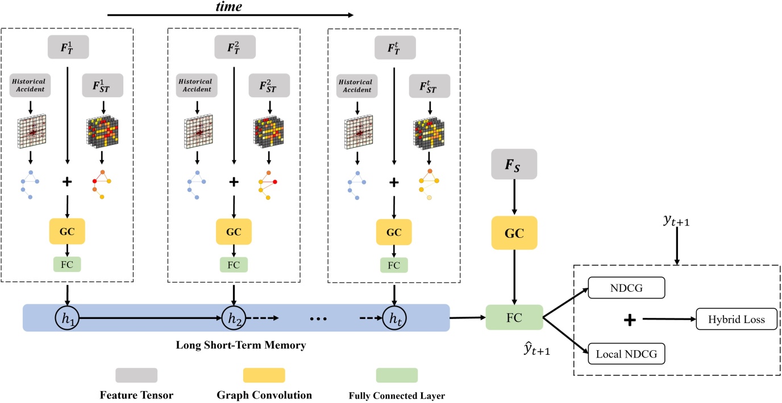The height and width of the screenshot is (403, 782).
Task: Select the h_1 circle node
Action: (68, 317)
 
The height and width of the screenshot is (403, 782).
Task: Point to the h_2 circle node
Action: (234, 317)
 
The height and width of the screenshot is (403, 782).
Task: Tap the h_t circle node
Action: (395, 317)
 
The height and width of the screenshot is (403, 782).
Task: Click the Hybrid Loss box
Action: (737, 320)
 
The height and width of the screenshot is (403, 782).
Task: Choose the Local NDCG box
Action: (626, 354)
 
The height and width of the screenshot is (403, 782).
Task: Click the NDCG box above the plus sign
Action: (626, 287)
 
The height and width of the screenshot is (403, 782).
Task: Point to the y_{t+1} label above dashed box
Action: (676, 220)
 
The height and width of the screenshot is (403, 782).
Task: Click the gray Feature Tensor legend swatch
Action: (136, 375)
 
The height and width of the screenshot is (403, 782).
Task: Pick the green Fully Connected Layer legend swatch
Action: (397, 375)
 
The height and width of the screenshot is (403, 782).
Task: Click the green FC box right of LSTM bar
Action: (514, 317)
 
